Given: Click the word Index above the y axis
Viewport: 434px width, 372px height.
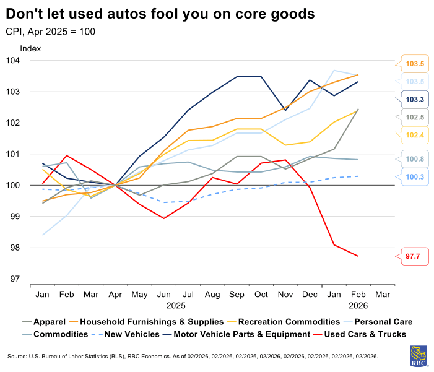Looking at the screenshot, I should pos(30,48).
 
